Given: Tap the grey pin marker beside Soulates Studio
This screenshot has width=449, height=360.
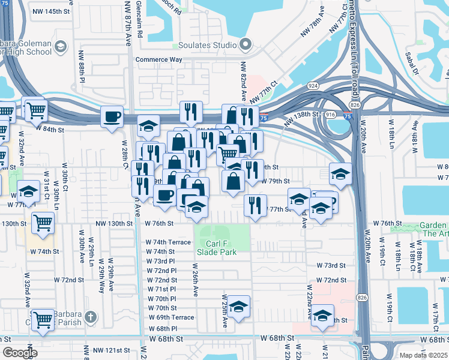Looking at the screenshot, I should click(x=245, y=45).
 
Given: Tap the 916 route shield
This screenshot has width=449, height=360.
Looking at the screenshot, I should click(x=330, y=113).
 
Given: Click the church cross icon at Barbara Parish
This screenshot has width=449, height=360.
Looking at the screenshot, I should click(x=91, y=317).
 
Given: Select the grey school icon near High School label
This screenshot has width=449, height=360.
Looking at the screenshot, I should click(x=60, y=47).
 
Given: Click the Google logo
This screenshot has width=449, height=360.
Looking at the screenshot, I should click(x=20, y=353).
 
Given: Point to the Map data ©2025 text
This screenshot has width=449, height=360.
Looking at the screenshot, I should click(x=423, y=355).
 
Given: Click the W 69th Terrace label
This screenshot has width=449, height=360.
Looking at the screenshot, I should click(x=171, y=317).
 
